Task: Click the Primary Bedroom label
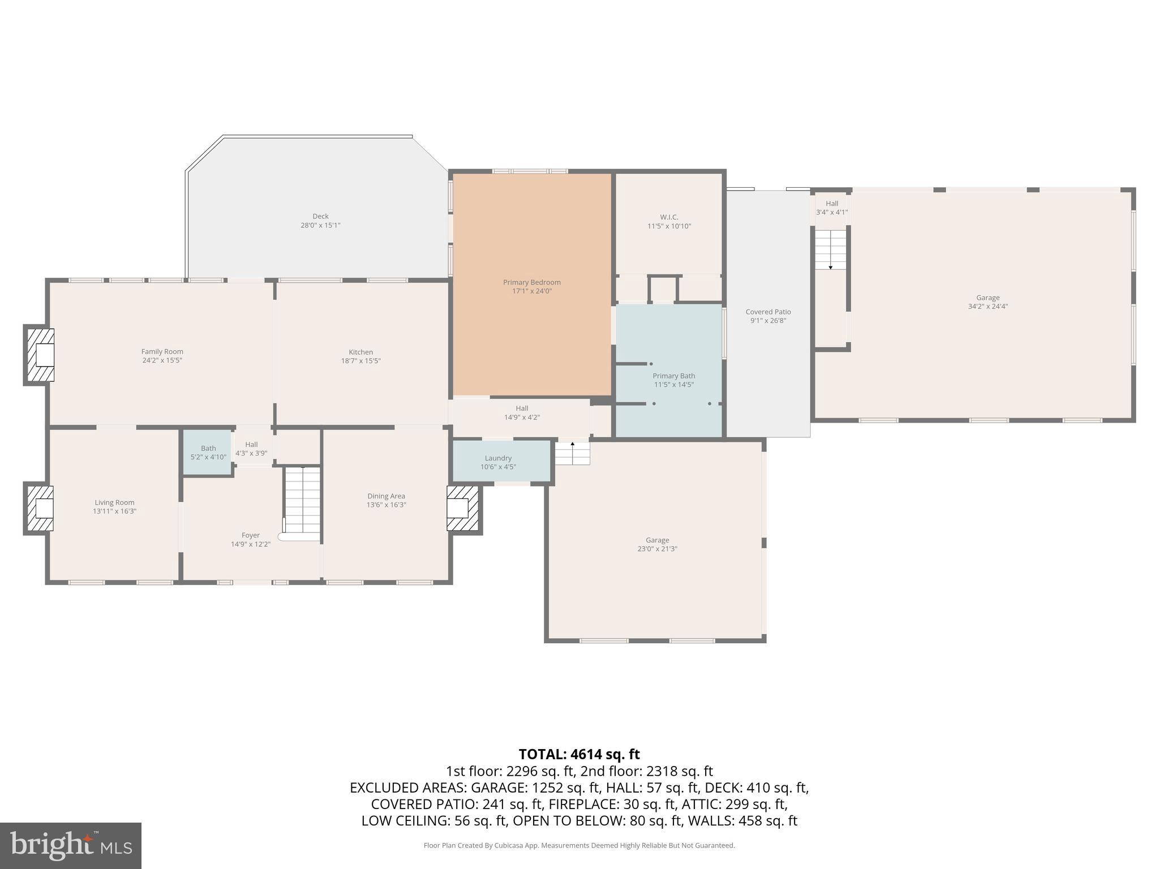(531, 282)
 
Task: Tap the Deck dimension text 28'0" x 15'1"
(320, 225)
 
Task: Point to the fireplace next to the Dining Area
(463, 508)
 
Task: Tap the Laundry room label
(498, 458)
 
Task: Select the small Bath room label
(208, 449)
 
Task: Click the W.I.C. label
(669, 217)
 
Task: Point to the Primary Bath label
(673, 376)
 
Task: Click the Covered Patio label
(768, 312)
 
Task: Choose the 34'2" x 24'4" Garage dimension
(988, 307)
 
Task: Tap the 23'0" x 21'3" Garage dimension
(657, 549)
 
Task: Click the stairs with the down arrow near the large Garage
(830, 249)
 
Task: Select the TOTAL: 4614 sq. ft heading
(579, 754)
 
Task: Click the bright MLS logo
(70, 845)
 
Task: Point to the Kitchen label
(360, 352)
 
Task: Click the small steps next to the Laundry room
(572, 453)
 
